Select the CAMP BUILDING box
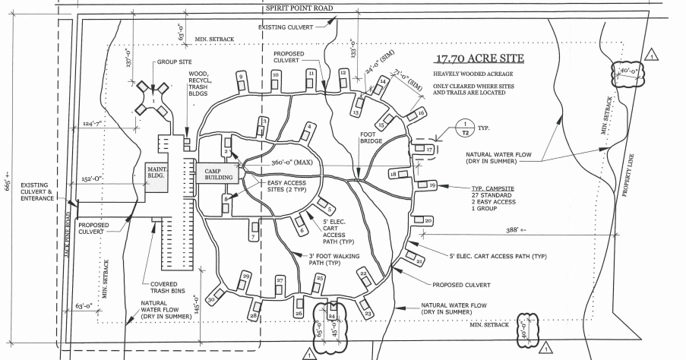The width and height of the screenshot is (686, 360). tap(217, 173)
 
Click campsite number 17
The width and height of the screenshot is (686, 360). tap(429, 150)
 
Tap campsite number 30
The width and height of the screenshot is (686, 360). tap(210, 300)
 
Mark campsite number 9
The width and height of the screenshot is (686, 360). tap(241, 76)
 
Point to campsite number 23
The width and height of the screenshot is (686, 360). tap(368, 313)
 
